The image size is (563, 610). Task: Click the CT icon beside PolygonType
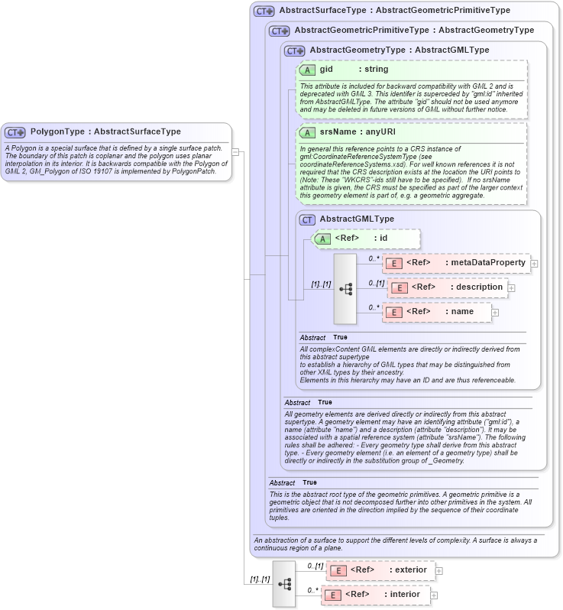[15, 132]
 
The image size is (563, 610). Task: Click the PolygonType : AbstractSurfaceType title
[105, 132]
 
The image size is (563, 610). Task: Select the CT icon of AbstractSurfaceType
[264, 11]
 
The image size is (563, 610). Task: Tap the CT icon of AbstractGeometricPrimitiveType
[280, 31]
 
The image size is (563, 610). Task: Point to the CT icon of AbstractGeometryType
[295, 50]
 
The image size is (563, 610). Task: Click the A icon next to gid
[309, 70]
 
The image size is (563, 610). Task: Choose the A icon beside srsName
[309, 132]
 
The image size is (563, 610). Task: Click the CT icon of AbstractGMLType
[307, 219]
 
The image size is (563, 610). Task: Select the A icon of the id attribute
[324, 238]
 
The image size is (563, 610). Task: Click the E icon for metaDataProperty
[393, 263]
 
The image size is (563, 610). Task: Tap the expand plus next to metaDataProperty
[534, 263]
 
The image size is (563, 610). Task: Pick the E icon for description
[399, 287]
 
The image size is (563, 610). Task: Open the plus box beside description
[512, 287]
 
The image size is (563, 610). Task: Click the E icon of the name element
[393, 312]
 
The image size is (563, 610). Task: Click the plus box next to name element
[495, 312]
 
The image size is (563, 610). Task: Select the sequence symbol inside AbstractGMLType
[345, 288]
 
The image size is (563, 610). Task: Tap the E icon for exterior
[337, 570]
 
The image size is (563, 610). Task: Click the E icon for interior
[332, 595]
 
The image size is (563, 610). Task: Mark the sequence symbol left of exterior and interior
[284, 584]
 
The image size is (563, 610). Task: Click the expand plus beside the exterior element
[439, 570]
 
